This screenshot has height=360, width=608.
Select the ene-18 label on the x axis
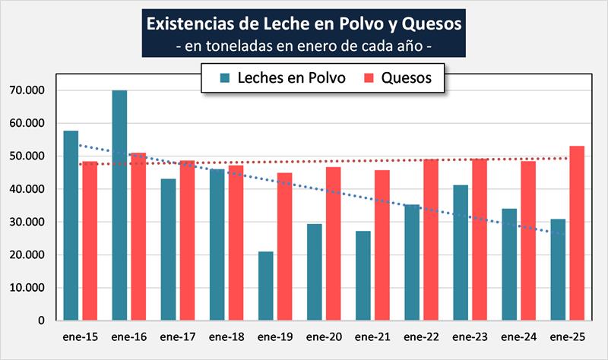click(226, 336)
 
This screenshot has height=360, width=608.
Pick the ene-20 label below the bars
click(323, 336)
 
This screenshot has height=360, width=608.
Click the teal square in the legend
click(226, 77)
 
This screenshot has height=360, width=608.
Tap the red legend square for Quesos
click(370, 77)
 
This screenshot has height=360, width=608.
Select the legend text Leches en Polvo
click(291, 77)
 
